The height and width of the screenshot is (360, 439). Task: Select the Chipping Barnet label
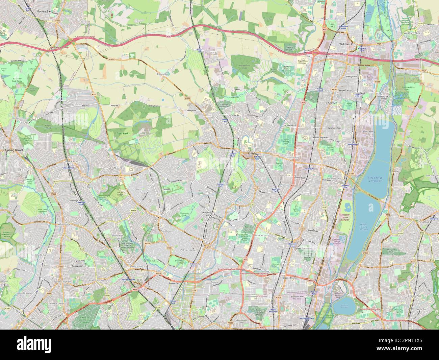(x=12, y=149)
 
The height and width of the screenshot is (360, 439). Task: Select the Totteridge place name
(x=6, y=215)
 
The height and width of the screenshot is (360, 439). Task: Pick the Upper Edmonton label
(x=291, y=278)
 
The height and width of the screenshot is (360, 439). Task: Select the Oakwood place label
(x=166, y=190)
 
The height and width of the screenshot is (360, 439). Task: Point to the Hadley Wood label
(x=67, y=105)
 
